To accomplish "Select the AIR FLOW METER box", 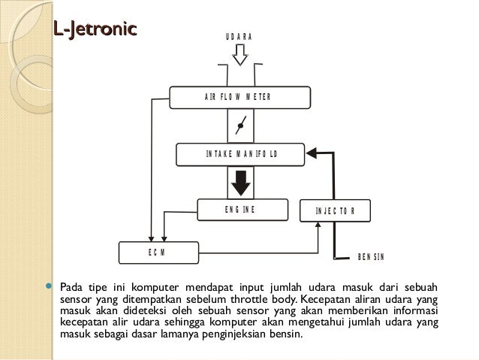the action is (236, 97).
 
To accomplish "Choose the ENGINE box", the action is (242, 210).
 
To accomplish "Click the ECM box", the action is (158, 253).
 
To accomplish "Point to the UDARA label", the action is (239, 38).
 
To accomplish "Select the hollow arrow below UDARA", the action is (239, 56).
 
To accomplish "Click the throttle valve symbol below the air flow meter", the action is (240, 126).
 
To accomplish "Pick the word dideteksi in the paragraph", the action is (143, 311).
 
